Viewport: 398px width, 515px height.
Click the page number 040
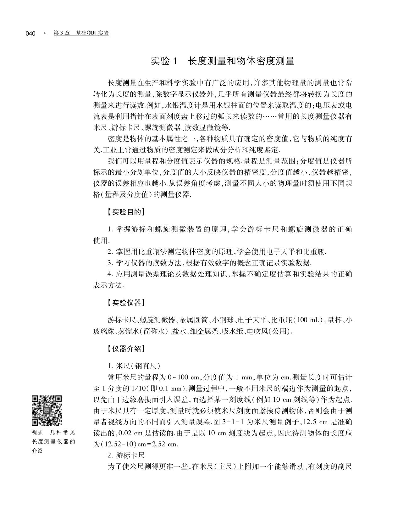pyautogui.click(x=30, y=33)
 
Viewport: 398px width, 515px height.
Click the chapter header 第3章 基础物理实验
pyautogui.click(x=81, y=33)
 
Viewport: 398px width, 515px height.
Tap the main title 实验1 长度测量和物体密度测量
pyautogui.click(x=223, y=61)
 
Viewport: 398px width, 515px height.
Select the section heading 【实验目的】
pyautogui.click(x=125, y=212)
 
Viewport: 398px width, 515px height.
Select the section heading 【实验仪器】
pyautogui.click(x=125, y=303)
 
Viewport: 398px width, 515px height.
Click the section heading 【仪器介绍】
pyautogui.click(x=125, y=348)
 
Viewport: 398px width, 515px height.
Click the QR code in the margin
pyautogui.click(x=47, y=410)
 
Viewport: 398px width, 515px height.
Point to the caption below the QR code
pyautogui.click(x=53, y=441)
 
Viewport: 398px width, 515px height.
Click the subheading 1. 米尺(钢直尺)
pyautogui.click(x=134, y=366)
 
